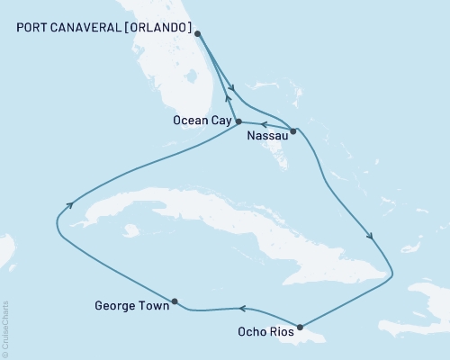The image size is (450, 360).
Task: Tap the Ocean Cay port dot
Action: coord(238,121)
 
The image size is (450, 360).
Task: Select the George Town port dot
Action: coord(175,301)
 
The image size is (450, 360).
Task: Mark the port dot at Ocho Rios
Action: coord(299,327)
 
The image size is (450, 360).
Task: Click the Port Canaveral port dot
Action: coord(197,34)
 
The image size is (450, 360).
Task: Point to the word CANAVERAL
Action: coord(86,26)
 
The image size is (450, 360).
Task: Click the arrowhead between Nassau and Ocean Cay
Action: coord(265,125)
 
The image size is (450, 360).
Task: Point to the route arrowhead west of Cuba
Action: coord(68,208)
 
